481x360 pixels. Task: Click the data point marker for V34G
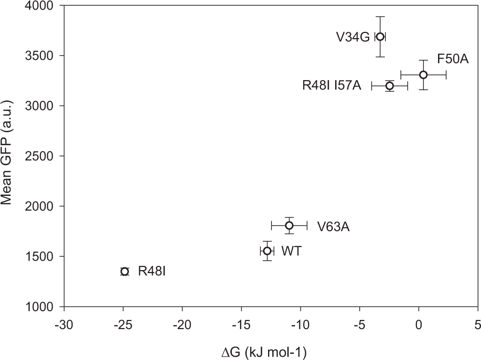[x=380, y=37]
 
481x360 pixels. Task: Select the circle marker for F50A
[x=423, y=75]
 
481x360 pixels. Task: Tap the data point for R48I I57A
[x=389, y=86]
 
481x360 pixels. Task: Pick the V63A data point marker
[x=289, y=225]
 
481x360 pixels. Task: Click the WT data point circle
[x=267, y=251]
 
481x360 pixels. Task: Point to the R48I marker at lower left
[x=125, y=271]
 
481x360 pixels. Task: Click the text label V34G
[x=353, y=37]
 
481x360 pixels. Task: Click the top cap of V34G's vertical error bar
[x=380, y=16]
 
